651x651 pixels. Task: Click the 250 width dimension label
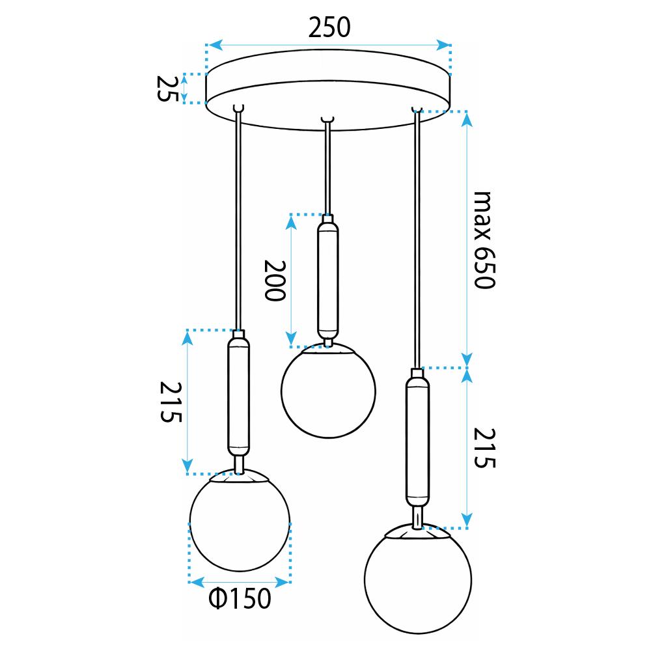click(329, 27)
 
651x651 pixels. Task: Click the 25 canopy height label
click(167, 88)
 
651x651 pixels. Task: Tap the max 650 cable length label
click(483, 240)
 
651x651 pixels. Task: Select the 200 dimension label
click(274, 280)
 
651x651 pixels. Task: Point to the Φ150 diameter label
click(239, 598)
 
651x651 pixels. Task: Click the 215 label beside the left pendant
click(168, 402)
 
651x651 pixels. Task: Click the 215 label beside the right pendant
click(484, 448)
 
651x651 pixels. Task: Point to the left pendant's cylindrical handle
click(238, 398)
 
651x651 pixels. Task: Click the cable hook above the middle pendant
click(327, 120)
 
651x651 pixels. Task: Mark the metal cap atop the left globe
click(239, 478)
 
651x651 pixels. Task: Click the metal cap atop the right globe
click(417, 532)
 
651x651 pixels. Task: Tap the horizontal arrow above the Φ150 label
click(239, 579)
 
